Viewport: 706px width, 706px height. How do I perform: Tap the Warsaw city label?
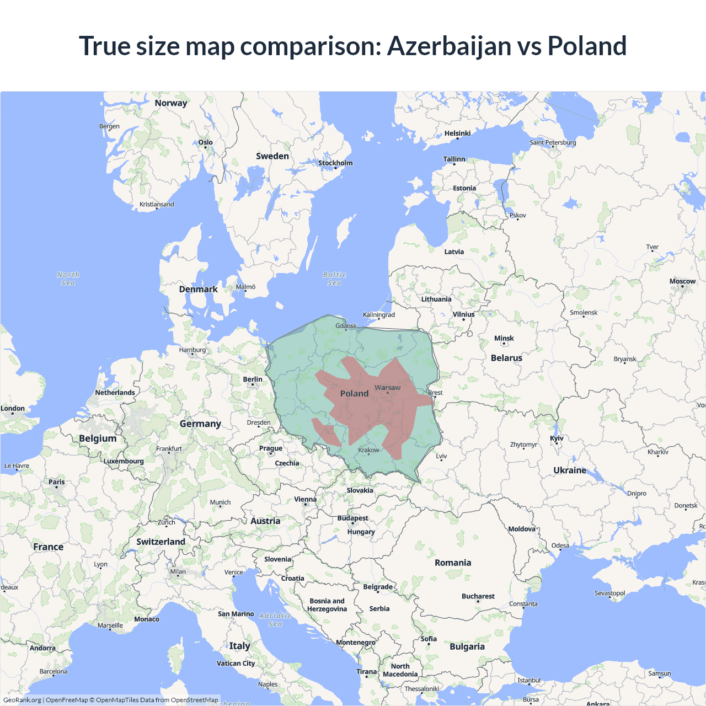click(x=387, y=388)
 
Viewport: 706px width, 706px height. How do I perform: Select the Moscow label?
click(x=682, y=281)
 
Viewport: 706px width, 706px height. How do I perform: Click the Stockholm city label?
click(x=335, y=163)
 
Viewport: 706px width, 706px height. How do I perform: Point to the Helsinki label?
click(x=457, y=133)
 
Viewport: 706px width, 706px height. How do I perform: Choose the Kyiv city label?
click(x=557, y=438)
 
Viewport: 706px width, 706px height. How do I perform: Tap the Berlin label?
click(x=253, y=379)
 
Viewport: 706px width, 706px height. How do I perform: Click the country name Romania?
click(x=453, y=563)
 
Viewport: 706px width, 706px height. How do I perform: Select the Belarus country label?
click(x=506, y=358)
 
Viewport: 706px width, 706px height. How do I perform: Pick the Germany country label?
click(x=200, y=424)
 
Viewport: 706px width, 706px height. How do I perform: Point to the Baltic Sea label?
click(x=334, y=279)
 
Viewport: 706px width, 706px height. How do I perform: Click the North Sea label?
click(x=68, y=279)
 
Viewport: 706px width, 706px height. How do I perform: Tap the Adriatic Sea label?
click(x=275, y=620)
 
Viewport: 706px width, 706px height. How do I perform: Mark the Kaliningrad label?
click(x=379, y=315)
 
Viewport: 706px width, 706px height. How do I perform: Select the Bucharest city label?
click(x=478, y=596)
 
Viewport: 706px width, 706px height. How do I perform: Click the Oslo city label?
click(x=205, y=142)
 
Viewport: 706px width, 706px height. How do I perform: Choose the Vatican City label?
click(x=236, y=664)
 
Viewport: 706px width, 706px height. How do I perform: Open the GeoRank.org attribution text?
click(x=22, y=700)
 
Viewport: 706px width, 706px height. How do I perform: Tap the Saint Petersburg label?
click(x=553, y=142)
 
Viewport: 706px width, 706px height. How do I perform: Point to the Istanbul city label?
click(x=528, y=680)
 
